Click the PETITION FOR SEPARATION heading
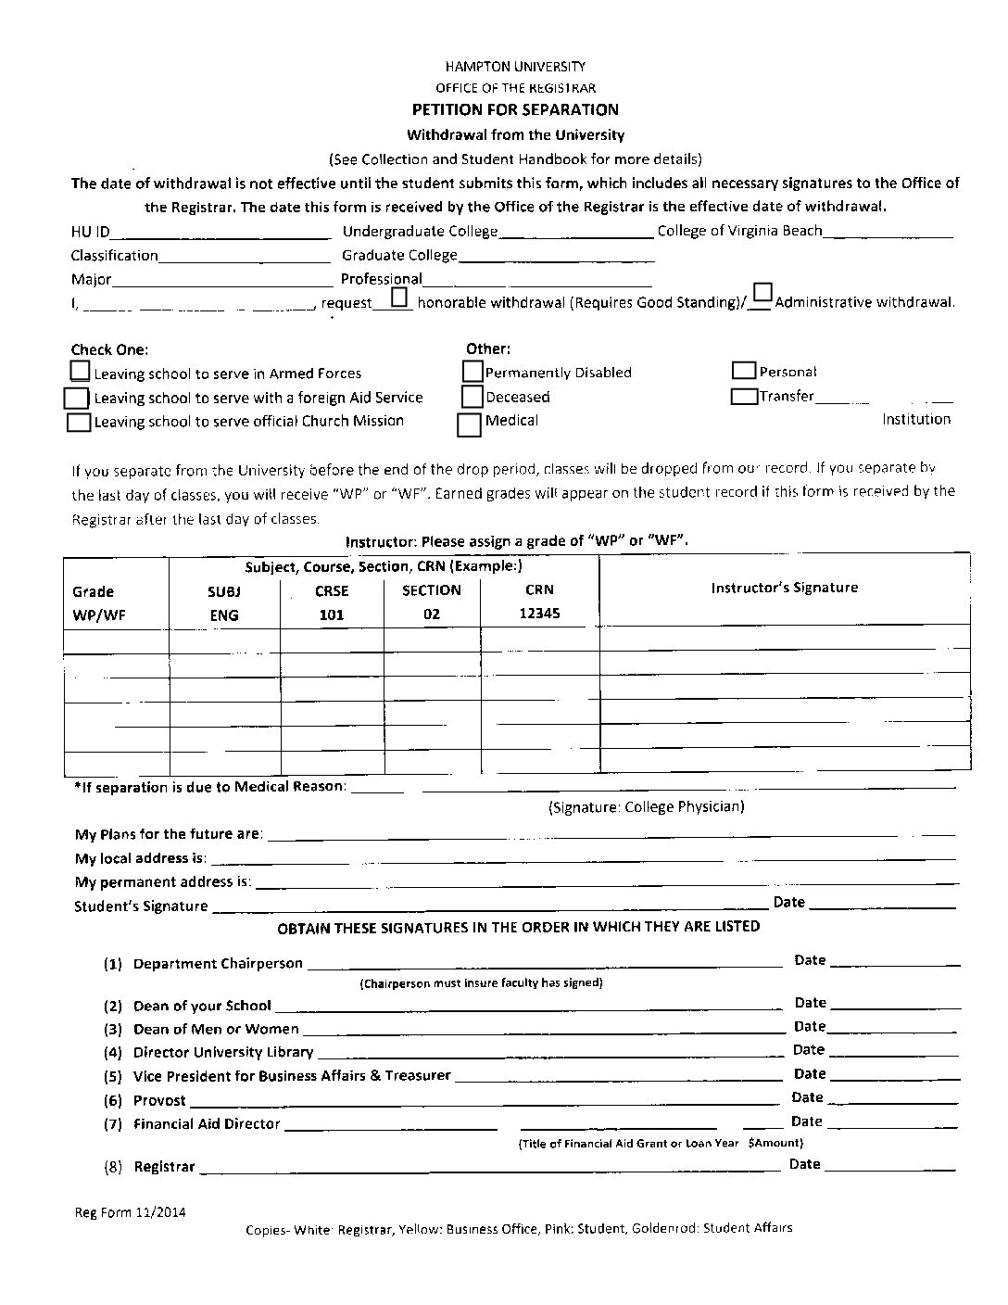pos(515,109)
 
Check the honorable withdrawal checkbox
pos(399,298)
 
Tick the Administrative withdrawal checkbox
pos(762,293)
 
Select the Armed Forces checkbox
pos(82,372)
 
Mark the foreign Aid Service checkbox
pos(76,398)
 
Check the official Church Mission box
pos(80,423)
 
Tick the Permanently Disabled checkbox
pos(472,372)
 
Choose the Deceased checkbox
pos(472,397)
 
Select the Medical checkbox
pos(470,424)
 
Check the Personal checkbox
pos(744,371)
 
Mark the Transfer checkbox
pos(744,397)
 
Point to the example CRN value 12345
pos(539,614)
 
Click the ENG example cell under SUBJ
pos(224,615)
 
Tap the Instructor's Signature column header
pos(784,588)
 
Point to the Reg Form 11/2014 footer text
pos(130,1211)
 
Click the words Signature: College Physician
pos(647,806)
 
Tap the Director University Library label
pos(223,1053)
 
